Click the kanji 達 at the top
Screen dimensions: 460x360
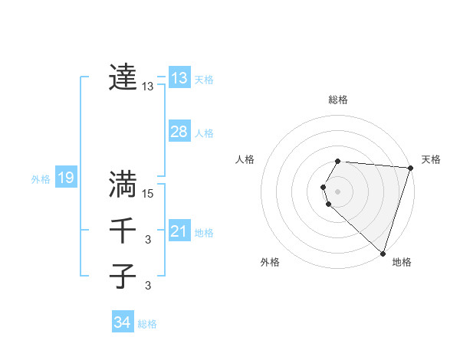123,77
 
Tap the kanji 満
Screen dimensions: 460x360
123,184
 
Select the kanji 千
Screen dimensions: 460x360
123,230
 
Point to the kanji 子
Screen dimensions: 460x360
123,276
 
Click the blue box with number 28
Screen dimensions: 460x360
179,132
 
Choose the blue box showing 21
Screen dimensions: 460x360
179,231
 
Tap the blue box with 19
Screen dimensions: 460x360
65,178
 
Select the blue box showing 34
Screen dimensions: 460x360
122,322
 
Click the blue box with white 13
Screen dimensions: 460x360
179,77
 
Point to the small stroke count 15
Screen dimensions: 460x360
148,194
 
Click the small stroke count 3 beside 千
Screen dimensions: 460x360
148,240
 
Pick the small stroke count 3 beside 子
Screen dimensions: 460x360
148,286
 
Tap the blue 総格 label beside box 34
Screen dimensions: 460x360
147,324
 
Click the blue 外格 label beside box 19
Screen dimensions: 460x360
41,179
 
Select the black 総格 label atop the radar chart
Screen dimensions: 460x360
338,100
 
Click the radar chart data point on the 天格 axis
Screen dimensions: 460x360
410,168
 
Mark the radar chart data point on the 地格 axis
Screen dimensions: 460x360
383,254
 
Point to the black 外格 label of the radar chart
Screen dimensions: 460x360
270,262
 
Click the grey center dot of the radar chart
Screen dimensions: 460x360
337,191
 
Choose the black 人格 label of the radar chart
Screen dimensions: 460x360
245,159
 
